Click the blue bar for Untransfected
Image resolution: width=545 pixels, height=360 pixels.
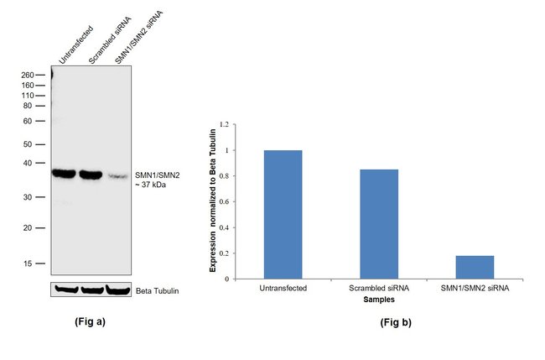coord(283,214)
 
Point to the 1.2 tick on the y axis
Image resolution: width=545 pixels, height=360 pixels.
coord(223,124)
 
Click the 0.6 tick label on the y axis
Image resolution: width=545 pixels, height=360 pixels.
coord(223,201)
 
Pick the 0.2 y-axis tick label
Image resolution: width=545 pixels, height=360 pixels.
coord(223,253)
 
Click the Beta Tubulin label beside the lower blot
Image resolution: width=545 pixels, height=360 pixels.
coord(157,291)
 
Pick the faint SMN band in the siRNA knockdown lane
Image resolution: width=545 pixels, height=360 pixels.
coord(118,176)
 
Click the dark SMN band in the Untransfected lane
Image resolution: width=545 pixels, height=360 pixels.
coord(65,174)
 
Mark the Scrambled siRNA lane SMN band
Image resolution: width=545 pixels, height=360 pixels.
coord(91,175)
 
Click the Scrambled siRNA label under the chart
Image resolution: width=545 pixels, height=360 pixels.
coord(374,288)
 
